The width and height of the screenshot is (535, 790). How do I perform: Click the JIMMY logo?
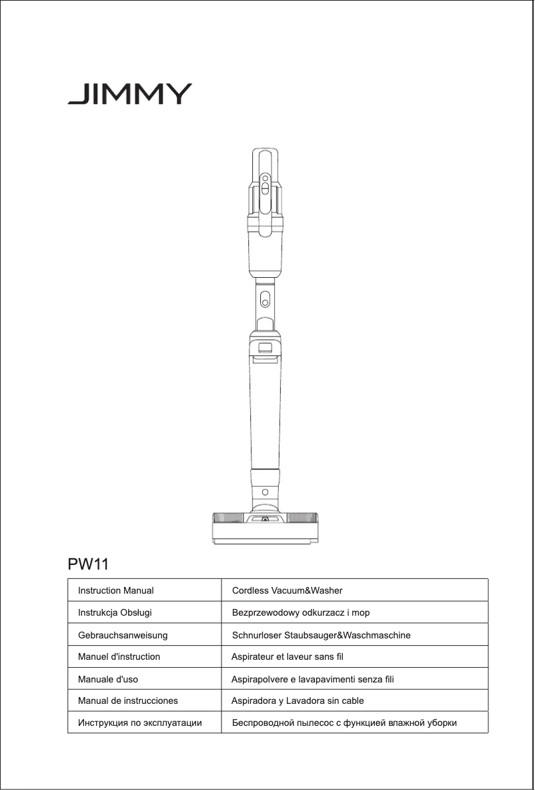coord(129,94)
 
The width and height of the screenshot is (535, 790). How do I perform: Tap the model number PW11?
coord(88,564)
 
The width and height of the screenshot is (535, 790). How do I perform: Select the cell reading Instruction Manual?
coord(116,590)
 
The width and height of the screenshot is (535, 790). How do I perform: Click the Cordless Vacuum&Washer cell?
coord(287,590)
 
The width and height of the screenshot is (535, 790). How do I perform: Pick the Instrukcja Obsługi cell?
coord(110,612)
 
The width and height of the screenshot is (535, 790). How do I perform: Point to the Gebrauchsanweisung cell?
coord(123,634)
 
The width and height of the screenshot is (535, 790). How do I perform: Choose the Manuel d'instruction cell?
coord(119,656)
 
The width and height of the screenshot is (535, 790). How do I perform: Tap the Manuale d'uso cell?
coord(108,678)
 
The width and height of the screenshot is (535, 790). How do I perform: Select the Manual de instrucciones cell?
coord(128,701)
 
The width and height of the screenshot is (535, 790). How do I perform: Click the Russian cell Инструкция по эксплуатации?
coord(140,723)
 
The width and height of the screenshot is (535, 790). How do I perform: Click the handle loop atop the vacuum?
coord(265,160)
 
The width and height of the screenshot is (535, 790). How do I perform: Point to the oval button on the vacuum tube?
coord(265,298)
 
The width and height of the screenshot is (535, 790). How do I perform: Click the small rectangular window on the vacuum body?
coord(265,347)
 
